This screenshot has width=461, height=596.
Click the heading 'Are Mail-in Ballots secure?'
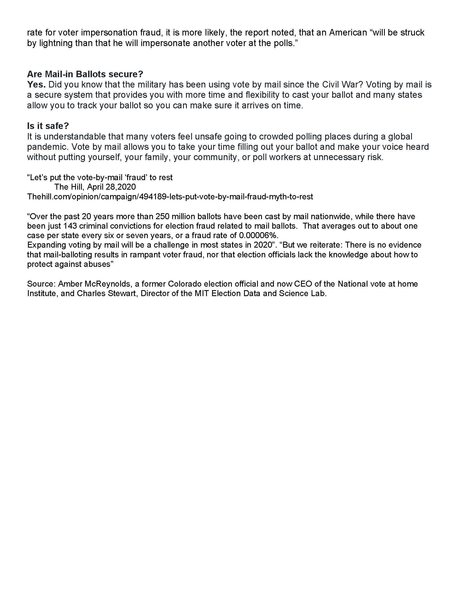pos(85,74)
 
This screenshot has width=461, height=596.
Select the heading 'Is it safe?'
pos(48,126)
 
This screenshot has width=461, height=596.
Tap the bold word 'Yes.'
pos(36,85)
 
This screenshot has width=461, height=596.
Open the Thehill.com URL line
pos(170,196)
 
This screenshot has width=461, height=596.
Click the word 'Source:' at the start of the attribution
pos(41,284)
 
